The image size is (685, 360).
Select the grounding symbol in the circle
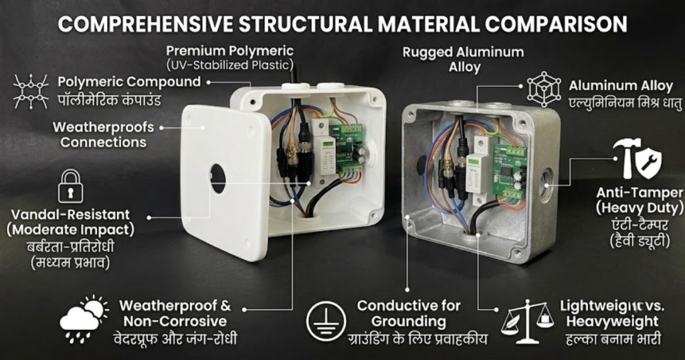326,321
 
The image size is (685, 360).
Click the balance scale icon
527,322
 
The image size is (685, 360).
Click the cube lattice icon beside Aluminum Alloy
544,89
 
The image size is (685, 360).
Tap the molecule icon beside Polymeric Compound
31,91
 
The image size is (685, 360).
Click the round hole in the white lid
217,178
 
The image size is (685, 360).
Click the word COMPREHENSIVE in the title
145,24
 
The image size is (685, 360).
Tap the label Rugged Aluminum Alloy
463,60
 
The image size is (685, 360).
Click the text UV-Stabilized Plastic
230,66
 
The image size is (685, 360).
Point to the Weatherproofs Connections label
103,134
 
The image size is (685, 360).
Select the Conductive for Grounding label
409,313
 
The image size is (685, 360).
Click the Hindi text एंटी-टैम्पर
640,226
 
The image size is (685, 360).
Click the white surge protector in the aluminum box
478,173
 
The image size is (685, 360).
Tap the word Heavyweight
612,322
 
